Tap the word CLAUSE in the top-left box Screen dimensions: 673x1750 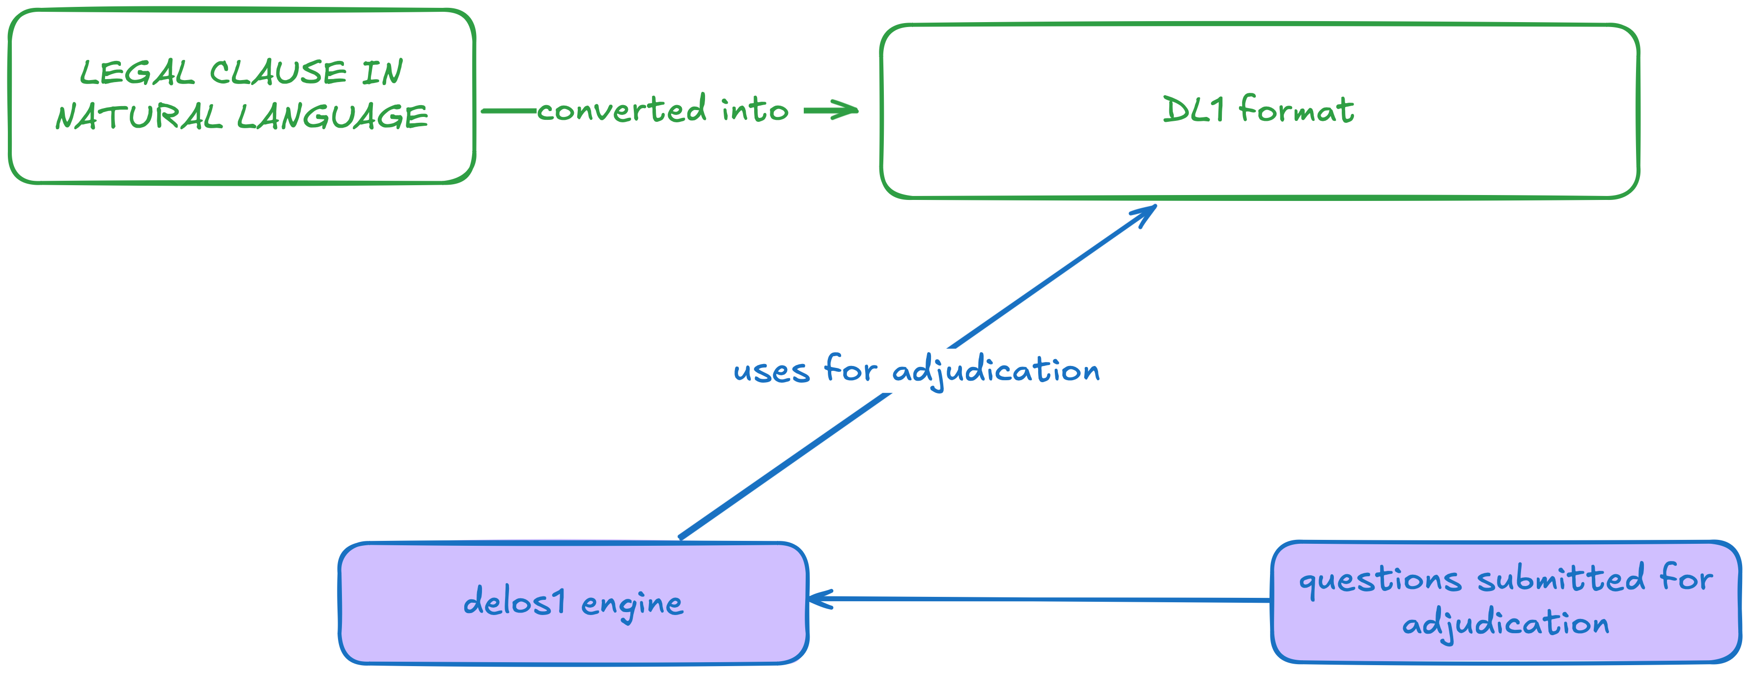point(278,73)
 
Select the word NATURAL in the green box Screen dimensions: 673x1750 point(139,117)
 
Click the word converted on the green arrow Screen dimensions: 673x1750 point(621,110)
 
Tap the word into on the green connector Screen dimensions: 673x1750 point(754,110)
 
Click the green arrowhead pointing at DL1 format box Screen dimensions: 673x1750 point(846,110)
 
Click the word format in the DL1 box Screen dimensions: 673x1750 point(1296,110)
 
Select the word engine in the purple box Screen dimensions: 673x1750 point(632,604)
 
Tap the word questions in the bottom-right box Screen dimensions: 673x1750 point(1380,581)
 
